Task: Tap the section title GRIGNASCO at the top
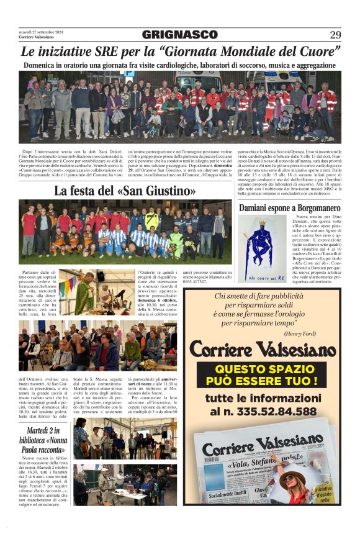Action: click(179, 35)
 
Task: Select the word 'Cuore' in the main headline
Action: click(318, 52)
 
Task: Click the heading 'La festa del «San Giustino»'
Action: click(125, 191)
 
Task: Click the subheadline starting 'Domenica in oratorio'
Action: click(179, 65)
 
